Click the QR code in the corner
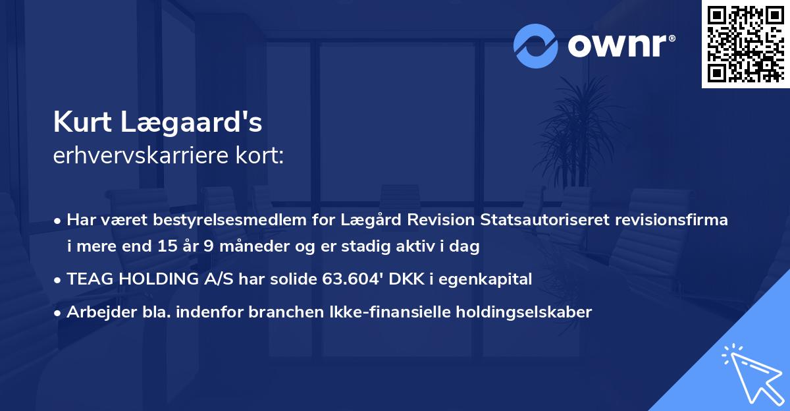[745, 44]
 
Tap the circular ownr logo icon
[536, 46]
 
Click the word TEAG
[88, 279]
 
